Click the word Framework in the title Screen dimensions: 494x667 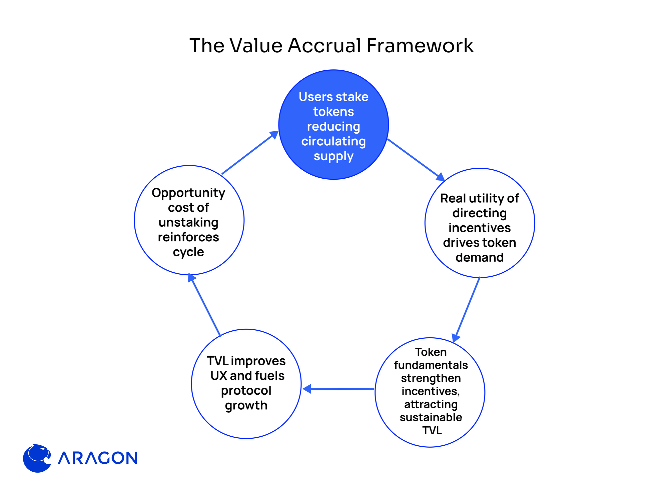point(420,46)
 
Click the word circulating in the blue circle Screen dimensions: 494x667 point(333,141)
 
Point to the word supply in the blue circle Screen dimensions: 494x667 point(333,156)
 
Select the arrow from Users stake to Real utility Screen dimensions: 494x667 point(416,159)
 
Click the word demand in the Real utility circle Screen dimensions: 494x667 point(480,257)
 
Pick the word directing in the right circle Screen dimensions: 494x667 point(480,213)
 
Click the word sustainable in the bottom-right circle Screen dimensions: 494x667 point(431,417)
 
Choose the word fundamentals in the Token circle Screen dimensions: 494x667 point(431,365)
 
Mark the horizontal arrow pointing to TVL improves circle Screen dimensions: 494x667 point(338,389)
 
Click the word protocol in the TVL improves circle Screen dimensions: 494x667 point(246,391)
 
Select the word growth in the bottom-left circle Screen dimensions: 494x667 point(246,405)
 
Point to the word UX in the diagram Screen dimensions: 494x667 point(219,376)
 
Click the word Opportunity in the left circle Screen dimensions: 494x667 point(188,193)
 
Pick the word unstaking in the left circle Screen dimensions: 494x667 point(188,222)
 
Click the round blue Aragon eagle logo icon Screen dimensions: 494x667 point(37,458)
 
